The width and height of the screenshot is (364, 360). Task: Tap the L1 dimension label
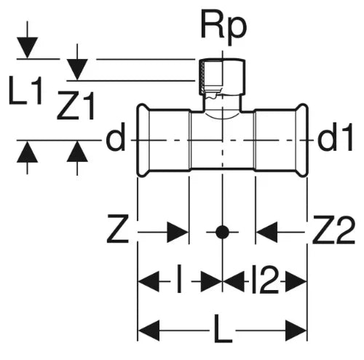pyautogui.click(x=25, y=90)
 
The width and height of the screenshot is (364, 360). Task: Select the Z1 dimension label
pyautogui.click(x=76, y=106)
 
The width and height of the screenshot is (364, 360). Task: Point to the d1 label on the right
pyautogui.click(x=335, y=136)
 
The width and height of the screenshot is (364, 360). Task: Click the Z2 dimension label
pyautogui.click(x=333, y=230)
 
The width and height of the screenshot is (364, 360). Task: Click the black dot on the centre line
pyautogui.click(x=222, y=232)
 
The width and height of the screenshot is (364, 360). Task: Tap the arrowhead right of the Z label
pyautogui.click(x=178, y=232)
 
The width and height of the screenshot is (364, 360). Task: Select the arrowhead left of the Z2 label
pyautogui.click(x=266, y=232)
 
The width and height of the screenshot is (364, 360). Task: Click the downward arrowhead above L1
pyautogui.click(x=27, y=48)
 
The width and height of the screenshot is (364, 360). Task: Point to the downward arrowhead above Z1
pyautogui.click(x=77, y=69)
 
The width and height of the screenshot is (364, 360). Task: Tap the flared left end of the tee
pyautogui.click(x=143, y=140)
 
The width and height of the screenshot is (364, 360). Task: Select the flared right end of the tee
pyautogui.click(x=302, y=140)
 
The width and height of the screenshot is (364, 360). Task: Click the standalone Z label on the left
pyautogui.click(x=117, y=229)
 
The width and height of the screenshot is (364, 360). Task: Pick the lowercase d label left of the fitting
pyautogui.click(x=115, y=136)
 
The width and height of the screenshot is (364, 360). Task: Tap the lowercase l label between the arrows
pyautogui.click(x=180, y=278)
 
